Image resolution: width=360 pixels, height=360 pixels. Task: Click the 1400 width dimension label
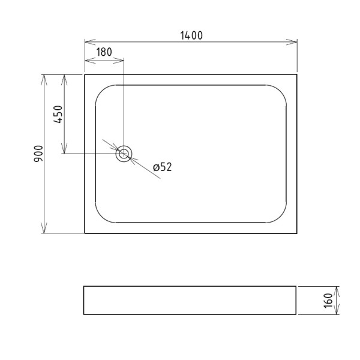click(x=191, y=35)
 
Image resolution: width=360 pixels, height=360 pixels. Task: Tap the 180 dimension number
click(x=104, y=52)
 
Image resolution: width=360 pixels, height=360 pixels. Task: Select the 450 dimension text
click(x=58, y=114)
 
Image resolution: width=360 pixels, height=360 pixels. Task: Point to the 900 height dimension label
click(x=38, y=154)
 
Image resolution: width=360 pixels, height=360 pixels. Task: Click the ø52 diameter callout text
click(x=163, y=167)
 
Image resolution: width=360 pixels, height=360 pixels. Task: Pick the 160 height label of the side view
click(x=328, y=301)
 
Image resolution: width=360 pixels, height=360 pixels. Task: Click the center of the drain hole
click(x=124, y=154)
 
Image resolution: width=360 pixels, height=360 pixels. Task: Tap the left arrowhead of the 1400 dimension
click(x=90, y=42)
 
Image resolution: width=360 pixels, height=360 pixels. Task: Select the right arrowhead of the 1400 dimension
click(x=292, y=42)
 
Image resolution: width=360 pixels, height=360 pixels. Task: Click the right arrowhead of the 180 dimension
click(x=119, y=61)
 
